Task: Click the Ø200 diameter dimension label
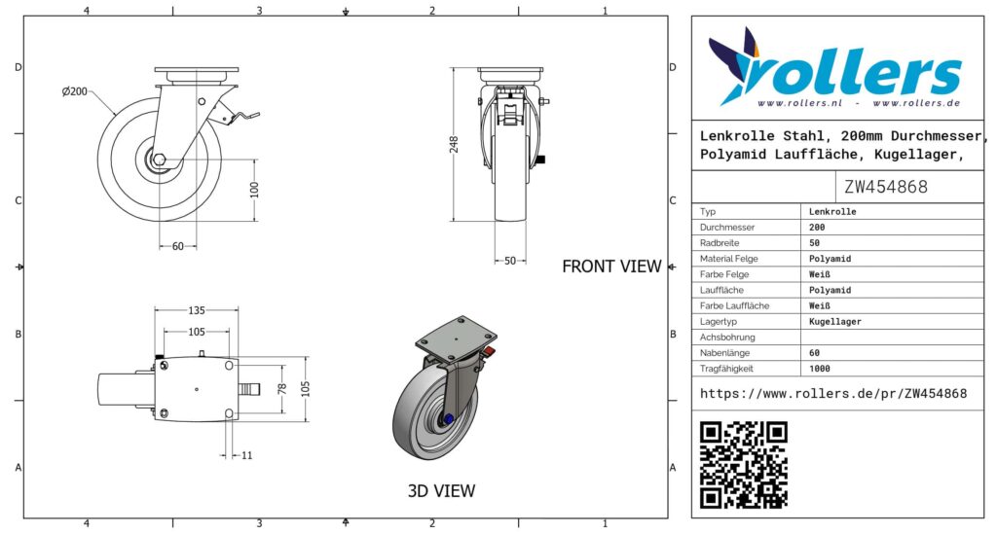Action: click(75, 91)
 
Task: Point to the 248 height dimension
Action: click(454, 145)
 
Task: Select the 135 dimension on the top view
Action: click(197, 311)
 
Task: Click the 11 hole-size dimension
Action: click(246, 455)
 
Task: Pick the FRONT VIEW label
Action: click(611, 267)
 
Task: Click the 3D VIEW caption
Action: click(441, 491)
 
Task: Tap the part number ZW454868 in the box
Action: click(886, 187)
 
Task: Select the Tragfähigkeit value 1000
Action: click(820, 369)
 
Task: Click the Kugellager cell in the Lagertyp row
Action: click(834, 321)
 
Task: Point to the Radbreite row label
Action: click(720, 243)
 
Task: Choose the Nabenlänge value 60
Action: click(815, 353)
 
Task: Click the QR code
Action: click(744, 464)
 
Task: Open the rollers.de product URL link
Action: click(833, 394)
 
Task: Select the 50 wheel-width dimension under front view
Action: click(508, 261)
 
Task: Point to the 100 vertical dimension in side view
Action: click(255, 188)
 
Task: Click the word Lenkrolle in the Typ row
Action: click(832, 211)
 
